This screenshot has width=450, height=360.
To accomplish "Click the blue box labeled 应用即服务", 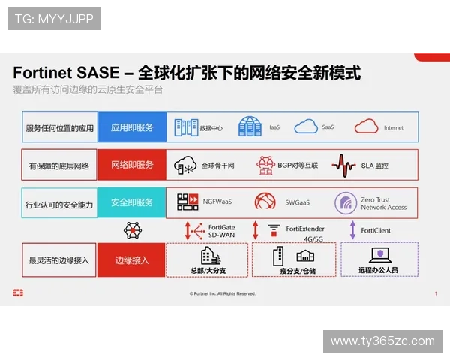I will coord(131,127).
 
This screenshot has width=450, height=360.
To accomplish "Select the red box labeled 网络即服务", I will coord(131,165).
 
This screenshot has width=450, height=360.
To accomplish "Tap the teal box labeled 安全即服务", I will coord(131,202).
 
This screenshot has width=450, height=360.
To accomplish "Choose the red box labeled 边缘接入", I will coord(131,260).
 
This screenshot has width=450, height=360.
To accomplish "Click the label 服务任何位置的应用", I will coord(59,127).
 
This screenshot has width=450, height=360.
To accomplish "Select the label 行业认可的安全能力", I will coord(59,203).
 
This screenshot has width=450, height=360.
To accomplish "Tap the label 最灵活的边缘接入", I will coord(59,260).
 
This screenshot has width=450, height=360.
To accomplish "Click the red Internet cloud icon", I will coord(366,127).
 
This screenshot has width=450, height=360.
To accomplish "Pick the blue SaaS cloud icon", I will coord(307,127).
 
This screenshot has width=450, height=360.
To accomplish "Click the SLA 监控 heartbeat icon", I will coord(344,164).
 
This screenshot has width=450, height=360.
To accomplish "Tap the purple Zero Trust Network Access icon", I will coord(346,202).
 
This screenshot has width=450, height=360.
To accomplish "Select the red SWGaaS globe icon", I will coord(265,202).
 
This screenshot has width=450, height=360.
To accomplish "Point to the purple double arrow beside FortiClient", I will coord(352,229).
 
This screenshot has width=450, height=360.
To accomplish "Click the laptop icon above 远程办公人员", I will coord(379,254).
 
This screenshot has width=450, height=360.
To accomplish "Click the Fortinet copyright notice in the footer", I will coord(223,293).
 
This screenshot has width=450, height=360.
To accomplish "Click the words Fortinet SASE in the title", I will coord(65,73).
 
